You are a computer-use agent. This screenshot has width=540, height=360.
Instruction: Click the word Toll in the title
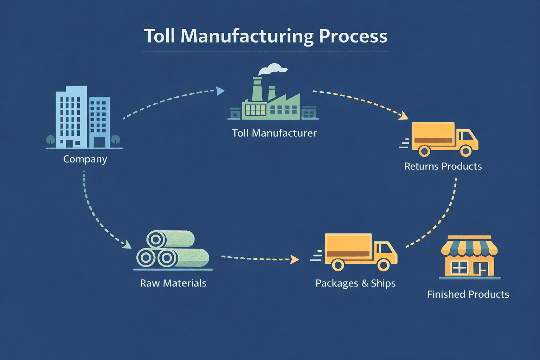[x=159, y=36]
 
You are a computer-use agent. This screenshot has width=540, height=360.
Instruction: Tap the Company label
[x=85, y=159]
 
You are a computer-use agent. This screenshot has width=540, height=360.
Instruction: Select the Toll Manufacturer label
[x=274, y=133]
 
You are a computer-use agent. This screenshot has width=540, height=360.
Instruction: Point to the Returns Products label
[x=443, y=166]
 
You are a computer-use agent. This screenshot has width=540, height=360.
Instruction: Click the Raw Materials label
[x=173, y=283]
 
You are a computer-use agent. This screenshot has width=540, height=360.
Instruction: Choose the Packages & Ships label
[x=355, y=283]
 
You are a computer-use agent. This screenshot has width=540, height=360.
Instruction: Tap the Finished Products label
[x=468, y=294]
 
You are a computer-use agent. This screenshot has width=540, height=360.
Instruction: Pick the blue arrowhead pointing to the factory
[x=220, y=91]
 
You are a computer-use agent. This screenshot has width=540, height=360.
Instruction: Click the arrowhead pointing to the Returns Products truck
[x=404, y=116]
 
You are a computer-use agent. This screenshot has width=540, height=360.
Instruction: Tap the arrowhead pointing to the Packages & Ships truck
[x=295, y=260]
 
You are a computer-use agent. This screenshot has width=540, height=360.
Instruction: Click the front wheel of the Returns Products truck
[x=466, y=151]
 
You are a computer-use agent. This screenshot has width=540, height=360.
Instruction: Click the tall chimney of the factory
[x=257, y=90]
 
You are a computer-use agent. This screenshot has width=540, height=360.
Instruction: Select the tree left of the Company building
[x=51, y=139]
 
